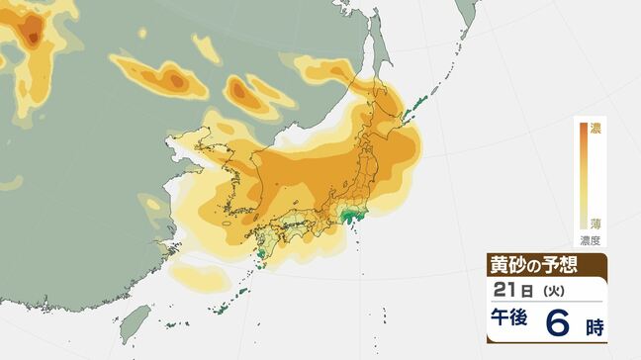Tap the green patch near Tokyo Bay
(348, 215)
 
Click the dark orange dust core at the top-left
(33, 40)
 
